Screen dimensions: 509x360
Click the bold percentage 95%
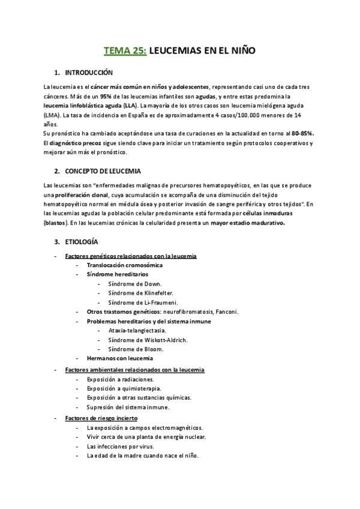106,96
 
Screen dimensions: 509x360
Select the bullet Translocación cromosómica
125,265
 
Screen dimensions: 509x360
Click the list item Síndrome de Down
135,283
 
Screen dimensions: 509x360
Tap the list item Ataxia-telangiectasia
137,330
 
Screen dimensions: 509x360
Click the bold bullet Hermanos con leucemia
119,358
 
